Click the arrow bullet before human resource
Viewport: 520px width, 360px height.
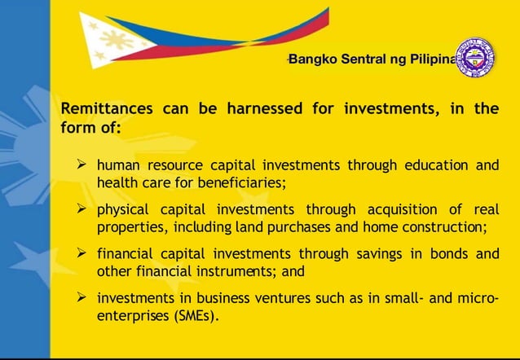tap(82, 165)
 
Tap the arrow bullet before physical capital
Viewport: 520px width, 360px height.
tap(82, 209)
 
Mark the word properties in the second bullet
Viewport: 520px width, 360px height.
tap(128, 226)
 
